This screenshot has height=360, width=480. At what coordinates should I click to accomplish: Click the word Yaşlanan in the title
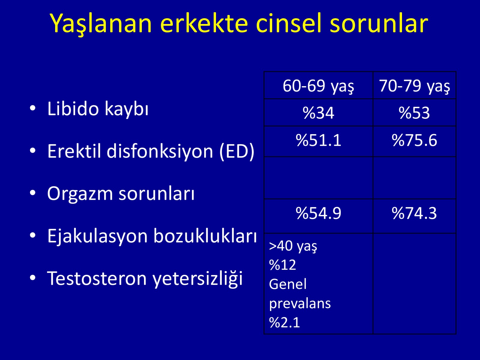[x=101, y=24]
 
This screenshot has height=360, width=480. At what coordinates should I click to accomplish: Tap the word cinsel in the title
[x=289, y=23]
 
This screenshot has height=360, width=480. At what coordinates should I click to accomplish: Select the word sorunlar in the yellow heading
[x=379, y=23]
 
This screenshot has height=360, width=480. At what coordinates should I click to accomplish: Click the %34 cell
[x=318, y=113]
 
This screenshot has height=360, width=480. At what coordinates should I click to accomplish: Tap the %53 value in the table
[x=414, y=113]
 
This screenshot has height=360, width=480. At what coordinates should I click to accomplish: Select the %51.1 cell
[x=318, y=140]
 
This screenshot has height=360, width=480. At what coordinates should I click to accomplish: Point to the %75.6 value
[x=414, y=140]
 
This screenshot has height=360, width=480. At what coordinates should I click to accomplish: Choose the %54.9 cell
[x=318, y=213]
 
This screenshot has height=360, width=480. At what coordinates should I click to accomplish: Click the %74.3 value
[x=414, y=213]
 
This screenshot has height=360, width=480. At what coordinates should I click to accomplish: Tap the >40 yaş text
[x=293, y=247]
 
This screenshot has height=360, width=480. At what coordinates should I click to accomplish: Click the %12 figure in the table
[x=283, y=265]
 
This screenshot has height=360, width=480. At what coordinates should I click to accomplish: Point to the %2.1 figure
[x=284, y=322]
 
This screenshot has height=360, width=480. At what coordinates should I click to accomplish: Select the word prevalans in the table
[x=300, y=304]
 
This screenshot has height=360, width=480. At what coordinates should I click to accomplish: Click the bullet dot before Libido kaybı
[x=33, y=108]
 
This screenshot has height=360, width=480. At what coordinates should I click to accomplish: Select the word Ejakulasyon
[x=97, y=236]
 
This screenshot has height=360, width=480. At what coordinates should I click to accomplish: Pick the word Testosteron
[x=97, y=278]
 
